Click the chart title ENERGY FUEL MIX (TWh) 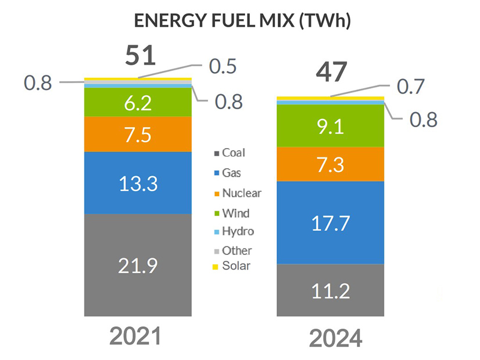click(x=240, y=21)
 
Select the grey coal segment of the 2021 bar click(x=138, y=265)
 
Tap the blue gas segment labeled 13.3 click(x=138, y=183)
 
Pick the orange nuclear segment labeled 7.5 click(x=138, y=134)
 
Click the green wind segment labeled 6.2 click(x=138, y=103)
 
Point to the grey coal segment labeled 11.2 click(x=330, y=290)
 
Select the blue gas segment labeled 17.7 click(x=330, y=223)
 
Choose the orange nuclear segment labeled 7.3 click(x=330, y=164)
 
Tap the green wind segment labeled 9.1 click(x=330, y=126)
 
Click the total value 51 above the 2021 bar click(x=141, y=56)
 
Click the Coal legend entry click(x=233, y=153)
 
